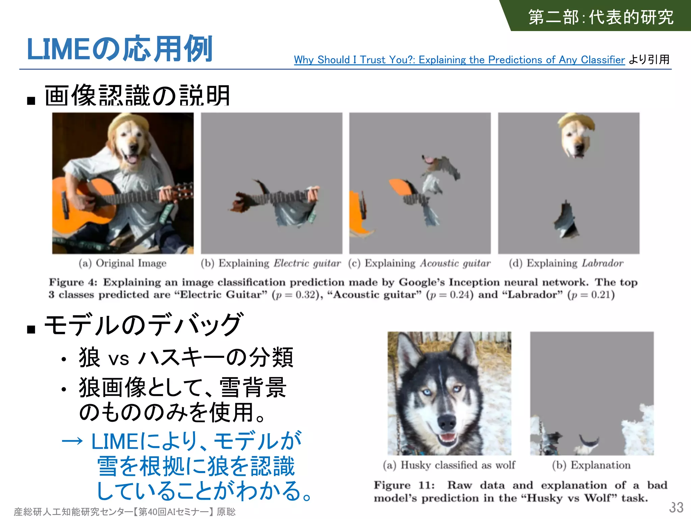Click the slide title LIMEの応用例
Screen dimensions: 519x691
[x=119, y=49]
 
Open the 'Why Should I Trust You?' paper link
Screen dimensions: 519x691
[x=459, y=60]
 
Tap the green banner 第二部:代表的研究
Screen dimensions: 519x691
[x=601, y=17]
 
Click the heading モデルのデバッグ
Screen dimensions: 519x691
[x=143, y=325]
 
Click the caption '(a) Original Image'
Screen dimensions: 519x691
[x=122, y=263]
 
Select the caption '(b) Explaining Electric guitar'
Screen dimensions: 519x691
[x=271, y=263]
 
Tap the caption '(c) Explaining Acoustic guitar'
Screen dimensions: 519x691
[x=419, y=263]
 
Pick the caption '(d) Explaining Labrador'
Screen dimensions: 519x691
[x=566, y=263]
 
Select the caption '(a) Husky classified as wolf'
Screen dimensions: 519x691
[x=449, y=465]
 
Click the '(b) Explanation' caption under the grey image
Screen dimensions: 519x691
[x=591, y=465]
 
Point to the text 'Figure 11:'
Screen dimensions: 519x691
[x=404, y=485]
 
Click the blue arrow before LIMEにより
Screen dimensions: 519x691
[x=72, y=441]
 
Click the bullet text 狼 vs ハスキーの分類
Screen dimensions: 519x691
[x=186, y=357]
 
